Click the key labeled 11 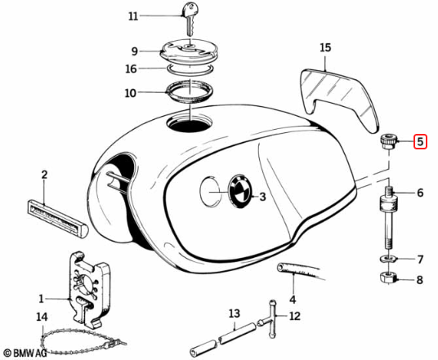click(190, 19)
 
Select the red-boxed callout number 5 click(420, 142)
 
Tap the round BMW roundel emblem click(240, 192)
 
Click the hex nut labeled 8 click(388, 277)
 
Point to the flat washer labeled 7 click(388, 259)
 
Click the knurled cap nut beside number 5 click(388, 141)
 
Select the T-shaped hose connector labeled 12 click(271, 319)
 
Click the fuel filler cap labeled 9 click(189, 51)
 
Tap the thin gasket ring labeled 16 click(190, 68)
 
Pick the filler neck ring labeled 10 click(190, 91)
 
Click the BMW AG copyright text click(25, 353)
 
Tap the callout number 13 click(234, 313)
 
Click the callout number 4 click(293, 300)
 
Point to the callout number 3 click(262, 197)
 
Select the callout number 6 click(420, 193)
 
